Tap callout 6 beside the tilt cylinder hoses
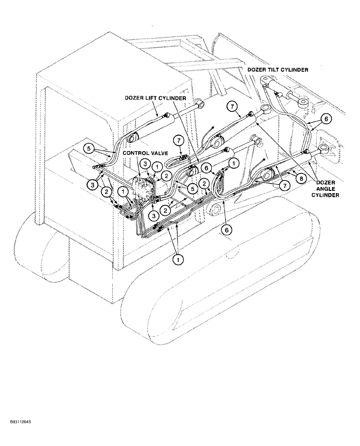(x=327, y=119)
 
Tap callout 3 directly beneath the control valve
(x=153, y=216)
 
